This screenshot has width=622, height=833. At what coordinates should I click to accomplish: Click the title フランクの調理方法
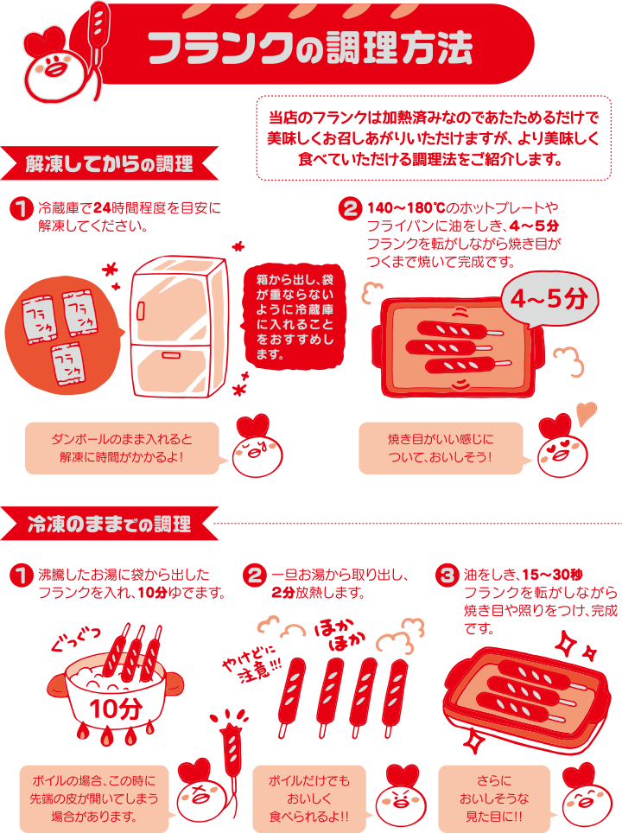pos(310,48)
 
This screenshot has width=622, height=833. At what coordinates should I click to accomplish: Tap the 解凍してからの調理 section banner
pos(110,163)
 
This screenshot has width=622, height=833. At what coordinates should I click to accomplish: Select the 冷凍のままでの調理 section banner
pos(110,524)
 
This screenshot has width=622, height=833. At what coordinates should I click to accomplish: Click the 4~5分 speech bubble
pos(549,298)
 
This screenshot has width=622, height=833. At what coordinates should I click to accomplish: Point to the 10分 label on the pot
pos(115,709)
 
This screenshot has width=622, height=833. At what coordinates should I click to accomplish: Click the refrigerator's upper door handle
pos(141,310)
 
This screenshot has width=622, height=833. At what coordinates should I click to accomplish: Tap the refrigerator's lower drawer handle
pos(170,354)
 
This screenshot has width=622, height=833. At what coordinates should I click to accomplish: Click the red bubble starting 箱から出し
pos(295,316)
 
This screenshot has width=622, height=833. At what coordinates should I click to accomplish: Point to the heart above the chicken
pos(587,413)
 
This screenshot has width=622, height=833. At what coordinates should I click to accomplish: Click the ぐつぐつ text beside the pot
pos(75,639)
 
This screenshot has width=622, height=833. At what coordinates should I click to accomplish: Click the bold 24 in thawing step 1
pos(102,207)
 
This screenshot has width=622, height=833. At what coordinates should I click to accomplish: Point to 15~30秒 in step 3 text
pos(552,575)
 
